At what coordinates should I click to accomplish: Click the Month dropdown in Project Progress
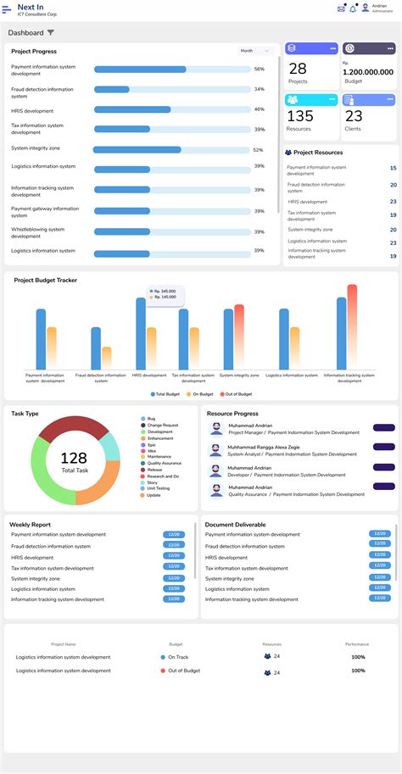click(x=255, y=51)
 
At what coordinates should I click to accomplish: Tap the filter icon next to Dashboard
click(x=51, y=33)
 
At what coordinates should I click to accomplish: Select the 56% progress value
click(x=260, y=69)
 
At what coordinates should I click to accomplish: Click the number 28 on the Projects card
click(x=298, y=69)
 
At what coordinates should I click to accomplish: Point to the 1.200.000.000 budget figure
click(x=368, y=72)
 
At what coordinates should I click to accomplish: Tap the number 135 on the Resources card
click(x=299, y=117)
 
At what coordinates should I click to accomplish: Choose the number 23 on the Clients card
click(x=354, y=117)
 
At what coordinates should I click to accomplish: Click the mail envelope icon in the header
click(x=341, y=9)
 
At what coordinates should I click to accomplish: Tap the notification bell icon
click(x=353, y=9)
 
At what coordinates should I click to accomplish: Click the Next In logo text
click(x=31, y=6)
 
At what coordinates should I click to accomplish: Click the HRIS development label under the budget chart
click(x=149, y=375)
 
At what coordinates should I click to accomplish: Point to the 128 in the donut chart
click(x=74, y=458)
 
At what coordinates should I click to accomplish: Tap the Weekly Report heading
click(x=30, y=525)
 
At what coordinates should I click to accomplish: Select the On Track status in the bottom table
click(x=177, y=657)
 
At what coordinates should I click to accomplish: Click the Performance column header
click(x=357, y=644)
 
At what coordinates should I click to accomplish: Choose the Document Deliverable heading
click(x=235, y=525)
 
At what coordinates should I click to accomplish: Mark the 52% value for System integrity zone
click(x=258, y=150)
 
